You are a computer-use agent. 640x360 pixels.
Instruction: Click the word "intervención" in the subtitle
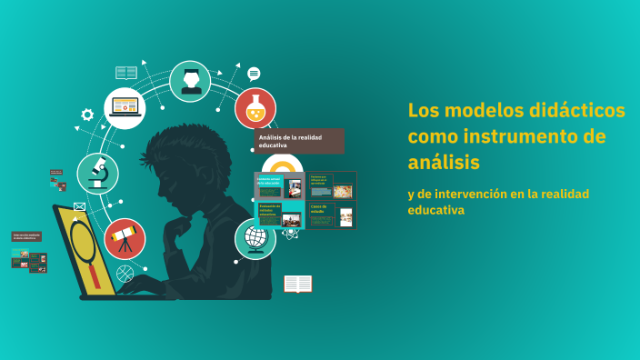(474, 194)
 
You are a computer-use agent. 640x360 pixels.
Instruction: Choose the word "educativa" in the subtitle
(436, 210)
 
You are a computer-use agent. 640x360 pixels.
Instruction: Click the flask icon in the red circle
(255, 108)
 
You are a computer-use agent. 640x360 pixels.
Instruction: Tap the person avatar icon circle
(190, 81)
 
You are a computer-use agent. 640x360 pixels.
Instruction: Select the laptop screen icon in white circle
(125, 108)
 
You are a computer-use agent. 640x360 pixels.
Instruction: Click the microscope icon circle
(97, 174)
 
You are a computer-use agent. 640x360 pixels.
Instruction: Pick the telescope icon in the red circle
(125, 239)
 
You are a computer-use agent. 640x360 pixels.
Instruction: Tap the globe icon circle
(255, 239)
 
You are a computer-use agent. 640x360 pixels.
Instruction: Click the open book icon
(297, 285)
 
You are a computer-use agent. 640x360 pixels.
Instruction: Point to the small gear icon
(87, 115)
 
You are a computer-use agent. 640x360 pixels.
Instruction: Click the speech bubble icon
(254, 74)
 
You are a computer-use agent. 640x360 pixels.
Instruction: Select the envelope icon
(80, 207)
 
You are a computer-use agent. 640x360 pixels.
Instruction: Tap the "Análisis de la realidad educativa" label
(299, 141)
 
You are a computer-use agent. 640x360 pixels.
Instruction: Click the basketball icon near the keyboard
(125, 272)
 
